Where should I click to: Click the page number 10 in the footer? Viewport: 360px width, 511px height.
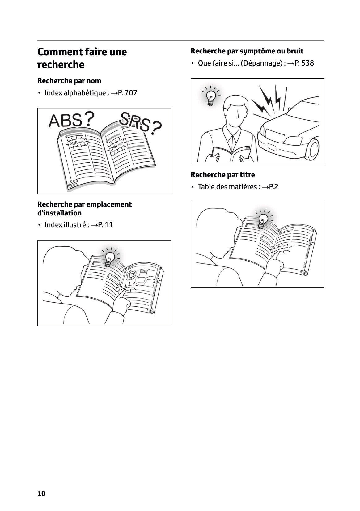(41, 493)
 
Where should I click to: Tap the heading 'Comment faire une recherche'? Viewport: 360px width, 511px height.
(82, 58)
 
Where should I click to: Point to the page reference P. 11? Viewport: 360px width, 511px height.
(105, 225)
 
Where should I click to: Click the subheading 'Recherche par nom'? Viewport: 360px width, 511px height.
(69, 81)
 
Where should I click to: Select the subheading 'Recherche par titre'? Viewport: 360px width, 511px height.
(222, 175)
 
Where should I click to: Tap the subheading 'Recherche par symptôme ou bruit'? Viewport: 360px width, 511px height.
(247, 51)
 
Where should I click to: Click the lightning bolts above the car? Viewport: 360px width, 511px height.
(267, 100)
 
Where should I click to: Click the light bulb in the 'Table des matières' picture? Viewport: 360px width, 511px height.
(263, 219)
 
